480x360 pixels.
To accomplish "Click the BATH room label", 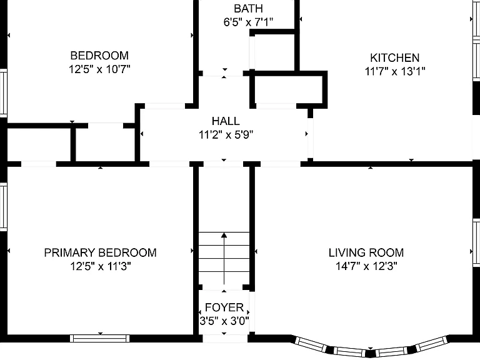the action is point(248,9).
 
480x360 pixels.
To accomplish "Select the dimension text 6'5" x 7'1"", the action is point(248,22).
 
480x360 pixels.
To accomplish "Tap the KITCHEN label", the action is point(394,58).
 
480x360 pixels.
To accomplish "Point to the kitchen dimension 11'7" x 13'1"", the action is point(395,71).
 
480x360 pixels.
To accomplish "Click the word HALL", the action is point(226,121).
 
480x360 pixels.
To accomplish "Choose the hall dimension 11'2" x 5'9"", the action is point(226,135).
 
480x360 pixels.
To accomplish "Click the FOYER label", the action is point(224,307).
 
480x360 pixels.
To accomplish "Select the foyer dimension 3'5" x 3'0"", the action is point(224,321).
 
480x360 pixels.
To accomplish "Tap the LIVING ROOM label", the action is point(366,252).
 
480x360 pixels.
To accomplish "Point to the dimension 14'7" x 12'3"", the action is point(366,266).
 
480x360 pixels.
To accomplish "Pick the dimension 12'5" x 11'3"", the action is point(101,266).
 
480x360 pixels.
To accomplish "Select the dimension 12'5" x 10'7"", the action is point(99,69).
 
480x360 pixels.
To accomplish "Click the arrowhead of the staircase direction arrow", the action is point(224,235).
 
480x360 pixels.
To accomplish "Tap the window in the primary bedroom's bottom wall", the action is point(100,338).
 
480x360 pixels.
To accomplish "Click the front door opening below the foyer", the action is point(225,339).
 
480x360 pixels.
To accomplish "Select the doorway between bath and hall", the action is point(223,74).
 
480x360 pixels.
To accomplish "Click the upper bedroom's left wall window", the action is point(3,93).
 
